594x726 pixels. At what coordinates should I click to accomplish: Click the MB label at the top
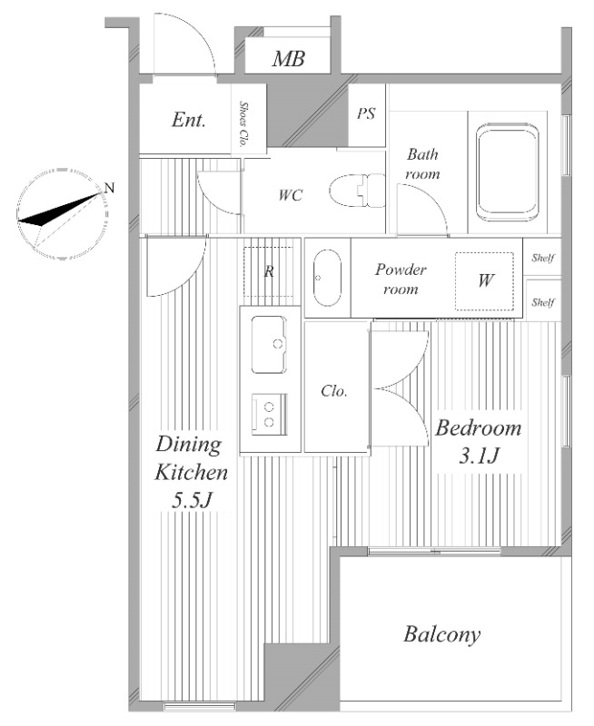288,59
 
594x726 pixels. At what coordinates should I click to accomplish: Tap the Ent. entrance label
188,120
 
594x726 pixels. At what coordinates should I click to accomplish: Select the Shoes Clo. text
242,124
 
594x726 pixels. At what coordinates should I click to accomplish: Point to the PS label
366,113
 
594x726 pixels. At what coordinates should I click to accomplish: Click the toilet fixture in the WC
358,191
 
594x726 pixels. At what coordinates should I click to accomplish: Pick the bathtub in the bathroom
508,172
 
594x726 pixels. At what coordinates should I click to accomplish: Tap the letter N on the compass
109,188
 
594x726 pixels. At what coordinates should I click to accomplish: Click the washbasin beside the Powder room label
327,278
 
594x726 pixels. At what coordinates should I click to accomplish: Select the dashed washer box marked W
484,281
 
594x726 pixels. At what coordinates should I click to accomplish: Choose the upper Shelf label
543,258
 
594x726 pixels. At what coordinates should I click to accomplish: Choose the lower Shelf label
543,302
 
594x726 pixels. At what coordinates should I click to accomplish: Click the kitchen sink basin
269,345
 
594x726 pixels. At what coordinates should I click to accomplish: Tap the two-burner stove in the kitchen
269,415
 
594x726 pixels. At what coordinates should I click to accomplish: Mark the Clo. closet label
334,391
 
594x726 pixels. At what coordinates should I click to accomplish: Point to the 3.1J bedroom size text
479,456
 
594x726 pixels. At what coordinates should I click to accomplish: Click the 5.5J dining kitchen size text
192,501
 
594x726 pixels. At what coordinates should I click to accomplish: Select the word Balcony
442,634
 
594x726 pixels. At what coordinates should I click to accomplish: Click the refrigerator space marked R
269,271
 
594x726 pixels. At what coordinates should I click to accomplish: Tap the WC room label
291,195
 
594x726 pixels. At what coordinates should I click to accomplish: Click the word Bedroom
478,427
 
